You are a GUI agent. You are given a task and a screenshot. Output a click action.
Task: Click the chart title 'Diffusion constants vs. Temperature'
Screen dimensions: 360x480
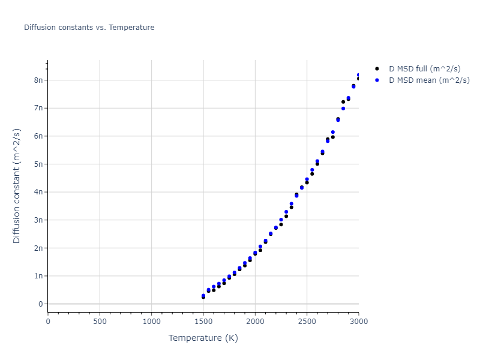[x=89, y=28]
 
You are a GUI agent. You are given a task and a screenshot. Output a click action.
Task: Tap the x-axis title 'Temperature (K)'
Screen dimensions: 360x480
[x=203, y=338]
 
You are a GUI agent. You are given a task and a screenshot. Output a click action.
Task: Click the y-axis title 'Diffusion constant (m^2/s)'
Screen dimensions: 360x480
[x=17, y=186]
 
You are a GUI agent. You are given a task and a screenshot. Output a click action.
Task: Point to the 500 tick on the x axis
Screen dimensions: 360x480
[x=100, y=322]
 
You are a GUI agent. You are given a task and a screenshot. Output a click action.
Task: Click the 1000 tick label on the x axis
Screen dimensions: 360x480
[x=151, y=322]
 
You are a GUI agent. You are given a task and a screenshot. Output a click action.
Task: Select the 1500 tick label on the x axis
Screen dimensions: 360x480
[x=203, y=322]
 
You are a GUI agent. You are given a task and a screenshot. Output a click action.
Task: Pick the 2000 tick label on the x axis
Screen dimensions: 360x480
[x=255, y=322]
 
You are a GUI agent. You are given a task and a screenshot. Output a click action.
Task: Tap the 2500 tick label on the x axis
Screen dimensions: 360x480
[x=307, y=322]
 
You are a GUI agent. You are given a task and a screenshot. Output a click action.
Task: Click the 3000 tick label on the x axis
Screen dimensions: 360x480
[x=358, y=322]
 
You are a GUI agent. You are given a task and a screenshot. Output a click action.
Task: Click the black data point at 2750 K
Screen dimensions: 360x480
[x=333, y=137]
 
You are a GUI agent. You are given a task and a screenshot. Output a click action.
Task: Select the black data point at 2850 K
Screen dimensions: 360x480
[x=343, y=102]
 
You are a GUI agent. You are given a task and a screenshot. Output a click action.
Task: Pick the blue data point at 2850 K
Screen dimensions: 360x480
[x=343, y=109]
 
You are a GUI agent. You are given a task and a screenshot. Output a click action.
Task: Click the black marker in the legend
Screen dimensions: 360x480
[x=376, y=69]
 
